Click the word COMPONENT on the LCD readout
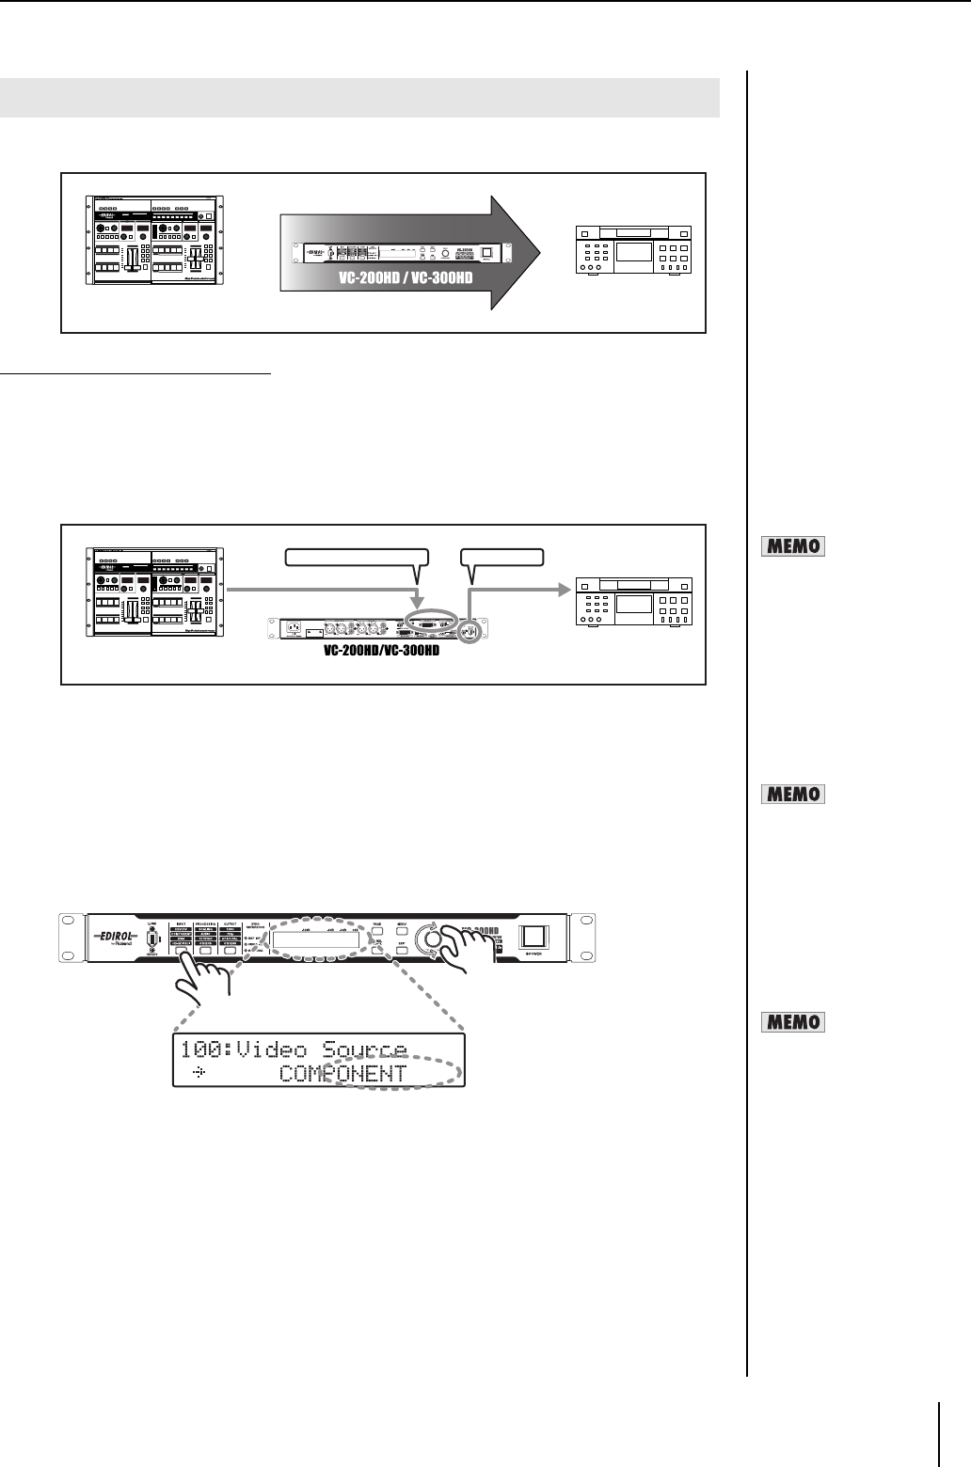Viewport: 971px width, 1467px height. (343, 1073)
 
